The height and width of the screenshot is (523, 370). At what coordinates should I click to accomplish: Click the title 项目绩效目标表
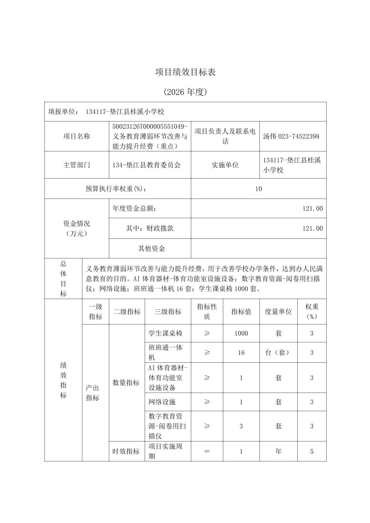[x=185, y=72]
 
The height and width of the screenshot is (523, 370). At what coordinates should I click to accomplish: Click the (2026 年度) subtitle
[x=185, y=92]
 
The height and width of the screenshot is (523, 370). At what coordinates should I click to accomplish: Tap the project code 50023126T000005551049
[x=150, y=126]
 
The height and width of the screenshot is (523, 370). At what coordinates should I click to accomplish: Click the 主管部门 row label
[x=76, y=165]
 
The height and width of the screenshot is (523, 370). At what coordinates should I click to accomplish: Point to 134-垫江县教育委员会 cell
[x=146, y=165]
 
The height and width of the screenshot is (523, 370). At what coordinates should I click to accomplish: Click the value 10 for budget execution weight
[x=258, y=189]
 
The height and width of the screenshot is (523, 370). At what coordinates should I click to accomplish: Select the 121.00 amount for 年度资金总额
[x=312, y=209]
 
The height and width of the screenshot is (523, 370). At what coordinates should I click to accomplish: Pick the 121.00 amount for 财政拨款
[x=312, y=228]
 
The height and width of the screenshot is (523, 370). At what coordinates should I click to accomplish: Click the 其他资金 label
[x=152, y=248]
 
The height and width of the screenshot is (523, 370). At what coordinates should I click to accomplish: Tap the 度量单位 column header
[x=278, y=312]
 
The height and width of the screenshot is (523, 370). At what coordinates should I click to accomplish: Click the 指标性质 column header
[x=207, y=312]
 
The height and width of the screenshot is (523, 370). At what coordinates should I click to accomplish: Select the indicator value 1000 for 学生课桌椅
[x=241, y=333]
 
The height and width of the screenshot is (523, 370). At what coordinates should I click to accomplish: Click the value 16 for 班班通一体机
[x=241, y=353]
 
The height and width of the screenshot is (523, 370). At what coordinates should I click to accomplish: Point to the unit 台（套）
[x=278, y=353]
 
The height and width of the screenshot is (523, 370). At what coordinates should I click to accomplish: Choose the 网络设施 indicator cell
[x=162, y=402]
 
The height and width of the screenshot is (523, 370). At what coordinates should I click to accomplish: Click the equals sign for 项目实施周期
[x=207, y=451]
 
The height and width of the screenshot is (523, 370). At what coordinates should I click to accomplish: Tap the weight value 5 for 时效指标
[x=311, y=451]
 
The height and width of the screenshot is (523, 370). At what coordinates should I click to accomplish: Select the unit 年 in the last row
[x=278, y=451]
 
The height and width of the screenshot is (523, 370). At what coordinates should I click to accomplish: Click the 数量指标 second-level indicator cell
[x=126, y=383]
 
